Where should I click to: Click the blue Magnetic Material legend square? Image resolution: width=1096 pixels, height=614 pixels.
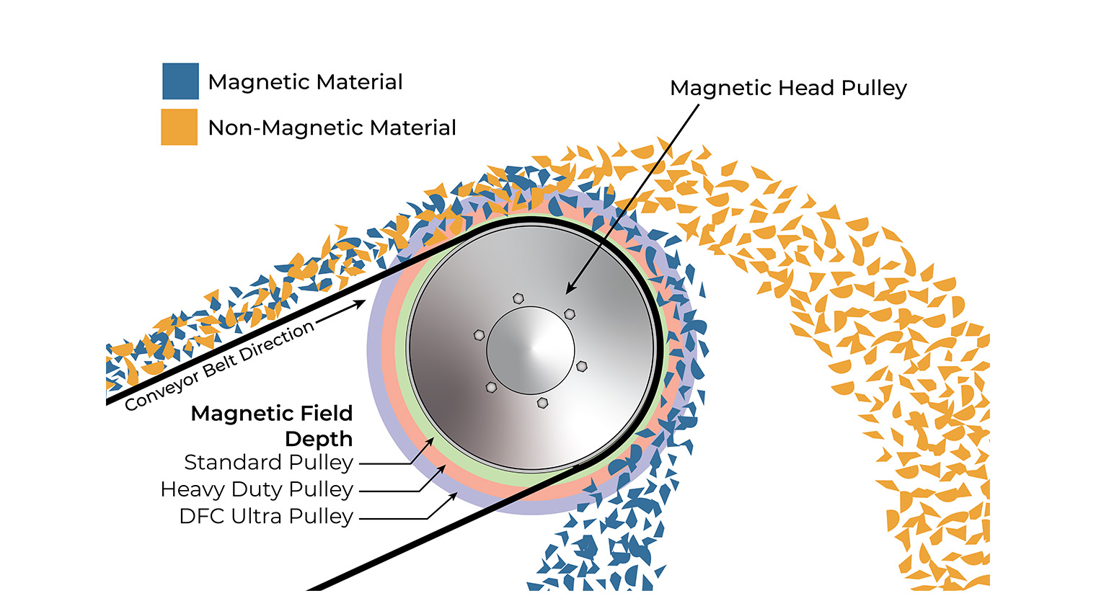(180, 81)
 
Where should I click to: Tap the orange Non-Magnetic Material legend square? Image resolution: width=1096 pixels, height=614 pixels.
(179, 127)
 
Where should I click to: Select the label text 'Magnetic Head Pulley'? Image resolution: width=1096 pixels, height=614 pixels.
(788, 88)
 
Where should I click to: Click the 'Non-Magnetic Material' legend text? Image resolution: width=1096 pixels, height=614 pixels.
(332, 128)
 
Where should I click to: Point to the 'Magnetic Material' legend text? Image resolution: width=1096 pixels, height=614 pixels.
(305, 82)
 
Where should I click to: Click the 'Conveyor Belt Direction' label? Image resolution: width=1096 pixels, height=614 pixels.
(219, 366)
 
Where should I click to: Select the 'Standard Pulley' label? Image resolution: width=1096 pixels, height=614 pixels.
(268, 462)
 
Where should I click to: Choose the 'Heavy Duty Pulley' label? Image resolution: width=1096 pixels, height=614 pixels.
(257, 489)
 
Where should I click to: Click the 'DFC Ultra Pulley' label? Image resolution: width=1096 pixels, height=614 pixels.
(266, 516)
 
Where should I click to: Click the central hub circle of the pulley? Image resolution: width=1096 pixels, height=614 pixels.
(531, 350)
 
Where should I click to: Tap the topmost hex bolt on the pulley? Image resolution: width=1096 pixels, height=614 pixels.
(518, 298)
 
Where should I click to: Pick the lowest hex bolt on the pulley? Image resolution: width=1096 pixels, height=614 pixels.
(542, 402)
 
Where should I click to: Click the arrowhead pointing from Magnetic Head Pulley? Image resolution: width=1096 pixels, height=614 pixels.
(570, 290)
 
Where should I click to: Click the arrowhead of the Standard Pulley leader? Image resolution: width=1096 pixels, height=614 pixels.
(430, 441)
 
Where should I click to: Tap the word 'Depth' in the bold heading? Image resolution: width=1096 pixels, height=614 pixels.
(319, 439)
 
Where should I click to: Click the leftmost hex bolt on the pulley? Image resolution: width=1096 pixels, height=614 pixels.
(479, 335)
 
